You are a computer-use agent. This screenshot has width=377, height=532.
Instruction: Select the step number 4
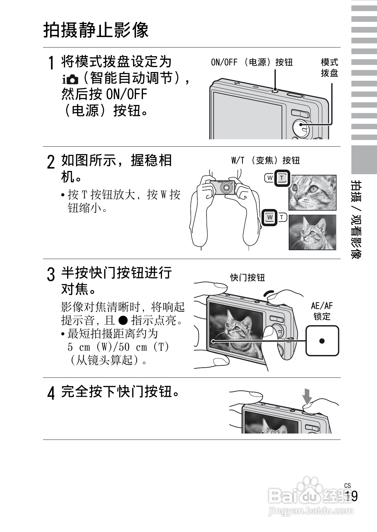click(x=50, y=393)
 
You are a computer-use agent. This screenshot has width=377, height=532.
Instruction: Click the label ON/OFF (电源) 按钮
click(x=251, y=62)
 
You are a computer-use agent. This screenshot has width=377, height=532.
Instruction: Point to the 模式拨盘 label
click(x=329, y=67)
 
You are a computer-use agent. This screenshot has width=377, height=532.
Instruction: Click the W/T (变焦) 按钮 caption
click(x=265, y=161)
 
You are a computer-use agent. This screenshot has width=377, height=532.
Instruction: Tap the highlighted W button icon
click(x=269, y=218)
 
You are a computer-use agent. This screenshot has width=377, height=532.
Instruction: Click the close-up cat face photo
click(x=312, y=193)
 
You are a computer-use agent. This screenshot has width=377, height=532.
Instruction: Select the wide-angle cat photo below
click(x=312, y=232)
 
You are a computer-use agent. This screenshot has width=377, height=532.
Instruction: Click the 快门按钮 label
click(x=247, y=278)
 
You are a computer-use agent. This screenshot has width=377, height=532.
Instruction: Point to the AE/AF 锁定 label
click(x=322, y=311)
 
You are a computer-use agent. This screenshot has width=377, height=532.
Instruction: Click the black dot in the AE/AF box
click(x=322, y=341)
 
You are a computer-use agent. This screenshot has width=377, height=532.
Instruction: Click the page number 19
click(x=351, y=496)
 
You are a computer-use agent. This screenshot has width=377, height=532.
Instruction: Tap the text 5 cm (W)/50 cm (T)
click(x=118, y=347)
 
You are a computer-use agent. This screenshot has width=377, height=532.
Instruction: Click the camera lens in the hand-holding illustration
click(x=226, y=187)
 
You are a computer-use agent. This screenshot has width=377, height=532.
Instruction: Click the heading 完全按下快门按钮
click(x=121, y=392)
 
